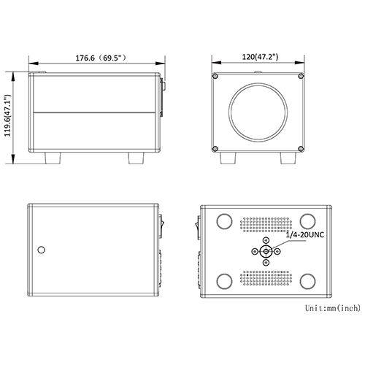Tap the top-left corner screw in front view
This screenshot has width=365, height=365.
tap(216, 77)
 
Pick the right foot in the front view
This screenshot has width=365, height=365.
tap(288, 158)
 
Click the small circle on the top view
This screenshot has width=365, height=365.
tap(42, 250)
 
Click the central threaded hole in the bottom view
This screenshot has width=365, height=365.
tap(266, 251)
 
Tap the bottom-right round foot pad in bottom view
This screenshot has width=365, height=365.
tap(307, 280)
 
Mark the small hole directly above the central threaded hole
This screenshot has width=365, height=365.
tap(266, 239)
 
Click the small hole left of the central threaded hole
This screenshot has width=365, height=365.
tap(254, 251)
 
